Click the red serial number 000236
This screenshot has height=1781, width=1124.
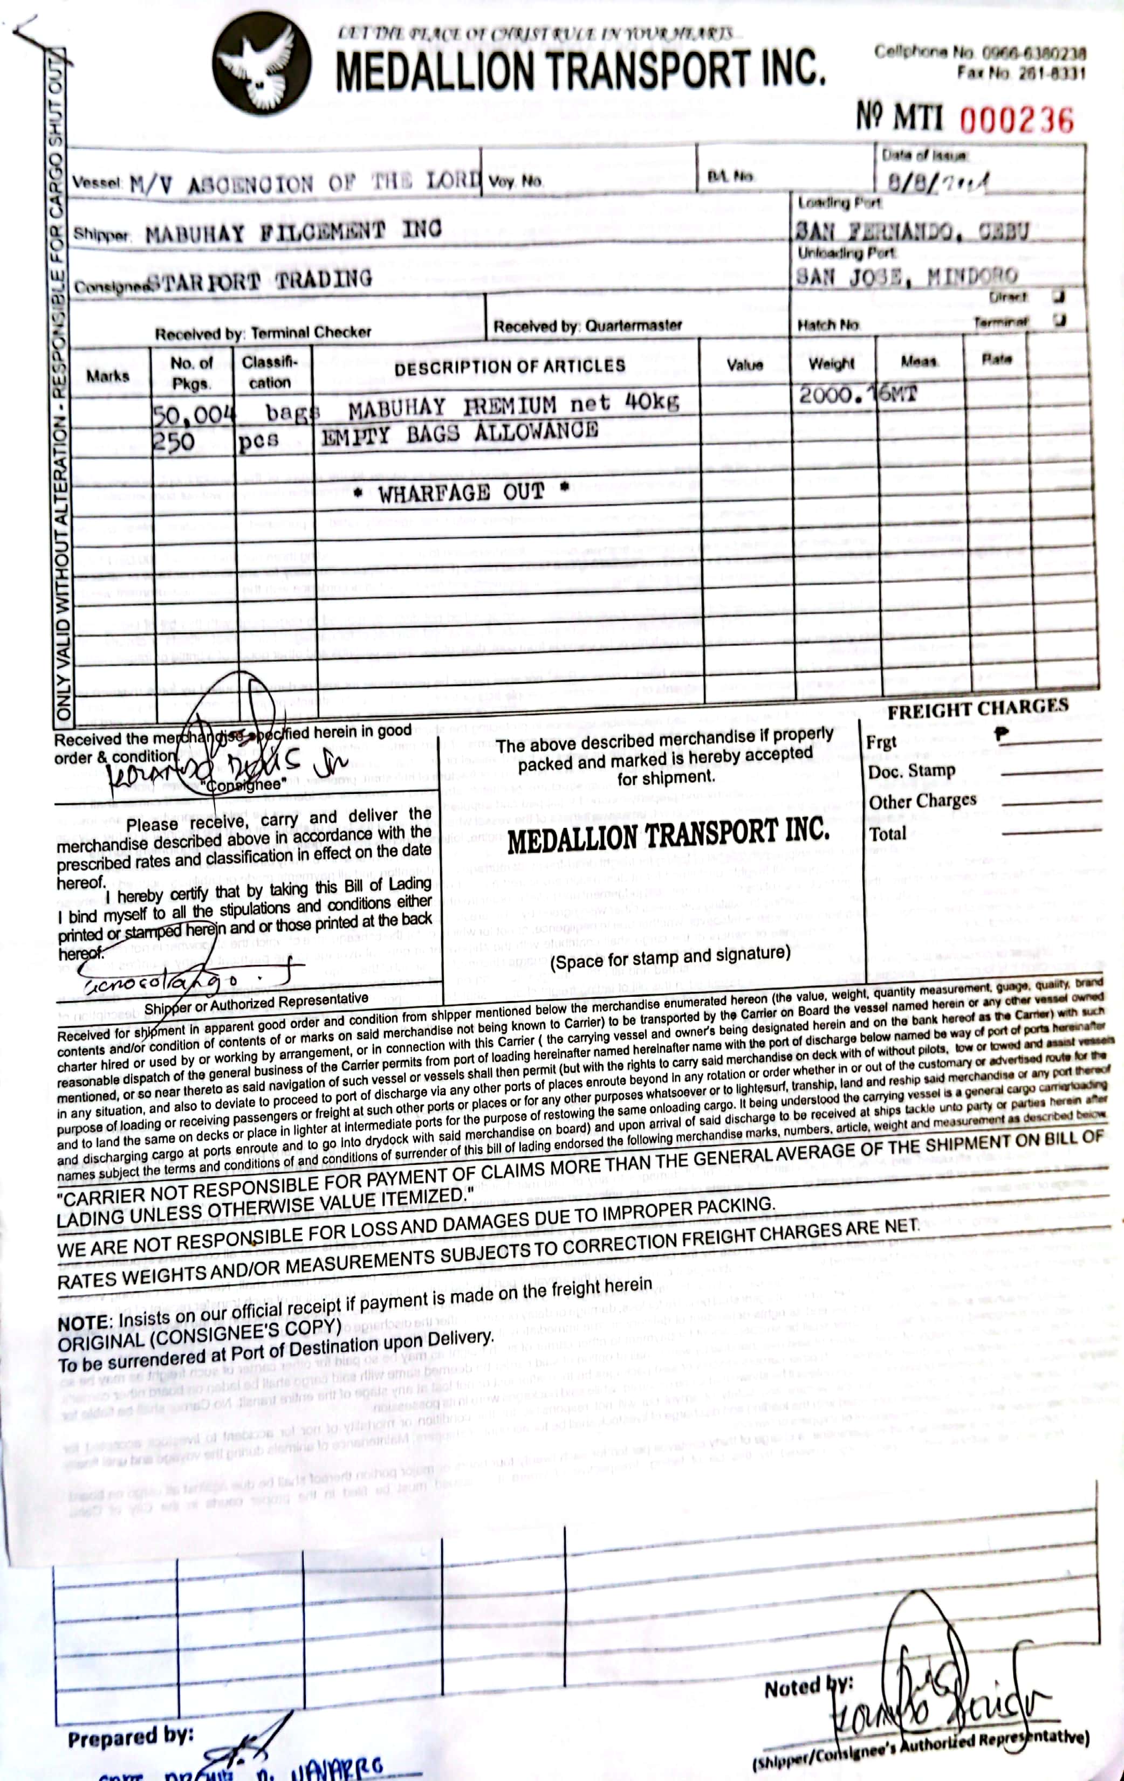pyautogui.click(x=1016, y=120)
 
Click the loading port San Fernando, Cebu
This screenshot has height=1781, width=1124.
pyautogui.click(x=911, y=231)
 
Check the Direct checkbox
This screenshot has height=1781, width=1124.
pyautogui.click(x=1059, y=296)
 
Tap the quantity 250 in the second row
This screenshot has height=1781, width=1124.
pyautogui.click(x=173, y=441)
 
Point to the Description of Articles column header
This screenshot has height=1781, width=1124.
pyautogui.click(x=509, y=367)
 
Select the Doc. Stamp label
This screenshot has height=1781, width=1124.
pyautogui.click(x=911, y=771)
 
